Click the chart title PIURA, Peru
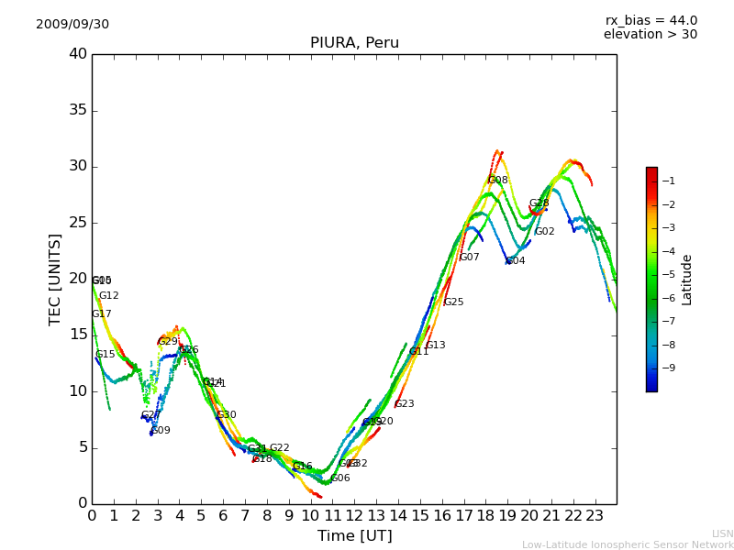point(354,43)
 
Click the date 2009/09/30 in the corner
point(72,25)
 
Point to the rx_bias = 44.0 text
point(651,21)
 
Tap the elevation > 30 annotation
point(650,35)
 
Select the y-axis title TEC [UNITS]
point(56,279)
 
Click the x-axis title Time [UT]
point(354,536)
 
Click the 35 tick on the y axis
point(78,110)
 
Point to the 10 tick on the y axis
point(78,391)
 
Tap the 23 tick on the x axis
point(595,515)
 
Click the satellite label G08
point(497,181)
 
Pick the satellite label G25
point(453,302)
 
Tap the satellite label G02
point(544,232)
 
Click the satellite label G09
point(161,431)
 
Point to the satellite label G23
point(404,404)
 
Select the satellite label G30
point(226,415)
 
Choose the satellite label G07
point(469,258)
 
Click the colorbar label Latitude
point(687,280)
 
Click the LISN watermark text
point(722,533)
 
